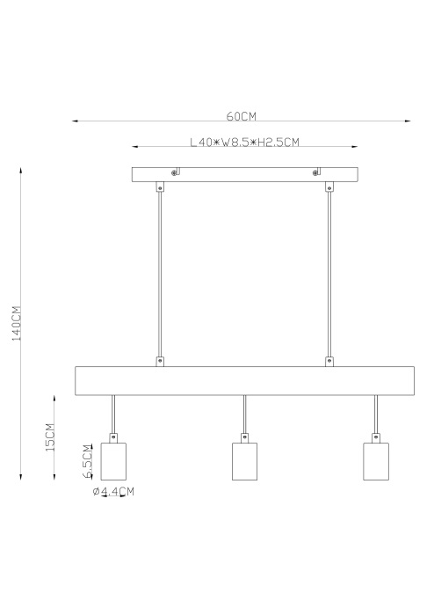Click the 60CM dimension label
(241, 116)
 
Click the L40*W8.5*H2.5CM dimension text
(244, 142)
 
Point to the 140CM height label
(17, 323)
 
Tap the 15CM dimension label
(50, 436)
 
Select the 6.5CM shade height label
(88, 461)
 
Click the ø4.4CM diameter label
(113, 491)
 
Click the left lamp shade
(113, 461)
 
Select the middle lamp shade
(244, 461)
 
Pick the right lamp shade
(376, 461)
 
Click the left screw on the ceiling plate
(174, 172)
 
